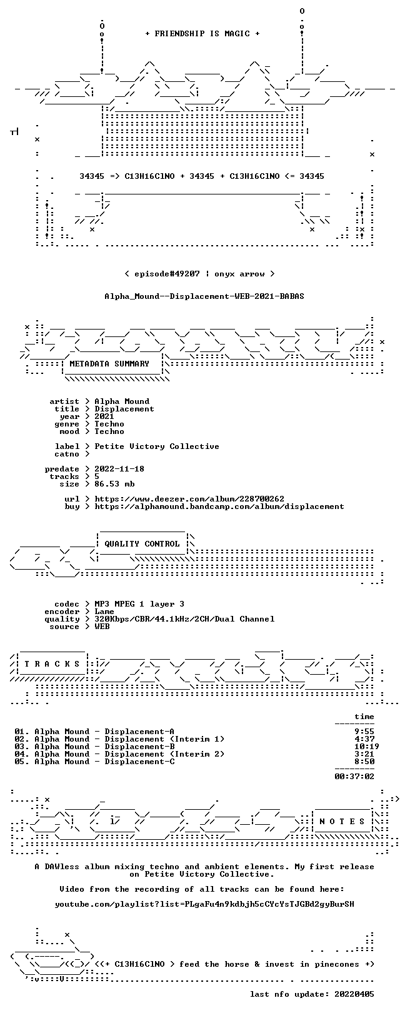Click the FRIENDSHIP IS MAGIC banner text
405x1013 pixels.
[202, 34]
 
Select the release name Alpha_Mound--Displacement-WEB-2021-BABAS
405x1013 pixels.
[204, 296]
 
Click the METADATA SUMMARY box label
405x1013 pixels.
[109, 363]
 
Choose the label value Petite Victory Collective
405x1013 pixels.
[157, 446]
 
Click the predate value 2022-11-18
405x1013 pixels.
[119, 469]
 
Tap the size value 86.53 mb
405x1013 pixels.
[114, 484]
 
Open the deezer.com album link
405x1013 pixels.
[189, 499]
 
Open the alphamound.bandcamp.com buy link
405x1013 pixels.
[219, 506]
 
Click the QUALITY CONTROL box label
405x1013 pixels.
[142, 543]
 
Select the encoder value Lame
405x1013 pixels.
[104, 612]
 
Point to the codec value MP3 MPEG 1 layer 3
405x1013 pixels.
[139, 604]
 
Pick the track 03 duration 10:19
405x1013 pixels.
[367, 747]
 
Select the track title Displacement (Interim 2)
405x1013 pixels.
[164, 754]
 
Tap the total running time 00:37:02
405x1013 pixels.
[354, 777]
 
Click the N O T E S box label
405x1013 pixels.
[342, 821]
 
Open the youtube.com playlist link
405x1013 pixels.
[204, 904]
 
